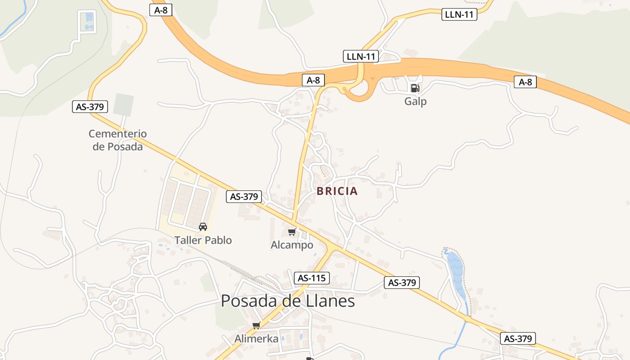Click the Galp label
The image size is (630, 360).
coord(415,101)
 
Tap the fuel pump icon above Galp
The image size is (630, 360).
coord(415,88)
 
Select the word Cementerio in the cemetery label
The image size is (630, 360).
coord(117,134)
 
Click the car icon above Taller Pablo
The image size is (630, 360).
coord(203,227)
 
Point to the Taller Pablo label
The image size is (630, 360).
coord(203,240)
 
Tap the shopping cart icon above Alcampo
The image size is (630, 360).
coord(292,232)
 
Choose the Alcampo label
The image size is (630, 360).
coord(292,245)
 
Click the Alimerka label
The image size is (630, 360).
coord(256,338)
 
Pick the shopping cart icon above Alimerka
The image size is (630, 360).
coord(256,325)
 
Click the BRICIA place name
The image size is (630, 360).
coord(337,191)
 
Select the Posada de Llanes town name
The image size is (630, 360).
coord(288,301)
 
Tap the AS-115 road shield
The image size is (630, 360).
coord(311,278)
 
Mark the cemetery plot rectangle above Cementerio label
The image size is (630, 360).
coord(123,104)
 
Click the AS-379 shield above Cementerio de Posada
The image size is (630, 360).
coord(90,107)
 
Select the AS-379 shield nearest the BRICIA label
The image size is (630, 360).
coord(244,197)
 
